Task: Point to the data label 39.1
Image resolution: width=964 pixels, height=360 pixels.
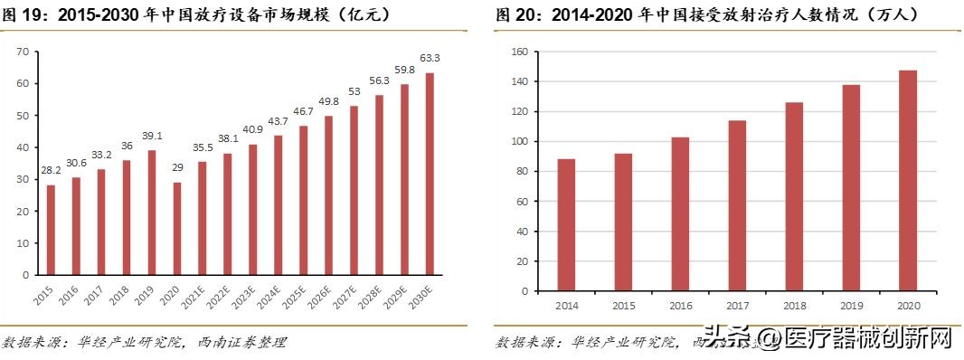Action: click(152, 137)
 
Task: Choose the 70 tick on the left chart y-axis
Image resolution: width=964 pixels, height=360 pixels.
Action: click(22, 52)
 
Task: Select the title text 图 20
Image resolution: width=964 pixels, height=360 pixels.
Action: click(515, 15)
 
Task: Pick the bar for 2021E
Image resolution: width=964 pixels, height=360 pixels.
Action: click(203, 218)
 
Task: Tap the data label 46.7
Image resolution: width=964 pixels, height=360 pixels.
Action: click(303, 112)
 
